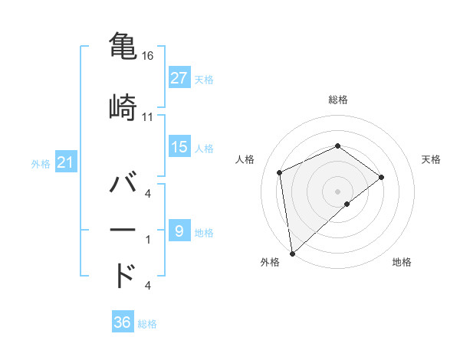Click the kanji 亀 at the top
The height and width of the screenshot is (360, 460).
pyautogui.click(x=123, y=45)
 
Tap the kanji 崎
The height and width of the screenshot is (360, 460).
pyautogui.click(x=123, y=106)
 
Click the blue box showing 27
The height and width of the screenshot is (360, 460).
pyautogui.click(x=179, y=78)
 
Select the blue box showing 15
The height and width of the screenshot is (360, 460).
pyautogui.click(x=179, y=147)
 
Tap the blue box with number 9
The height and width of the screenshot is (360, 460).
pyautogui.click(x=179, y=231)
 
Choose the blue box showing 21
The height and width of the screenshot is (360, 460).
pyautogui.click(x=65, y=162)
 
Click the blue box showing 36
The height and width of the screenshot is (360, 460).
pyautogui.click(x=123, y=322)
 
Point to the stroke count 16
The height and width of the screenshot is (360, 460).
pyautogui.click(x=148, y=56)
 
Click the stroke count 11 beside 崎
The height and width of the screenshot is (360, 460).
pyautogui.click(x=148, y=117)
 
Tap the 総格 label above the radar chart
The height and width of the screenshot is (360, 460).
pyautogui.click(x=337, y=100)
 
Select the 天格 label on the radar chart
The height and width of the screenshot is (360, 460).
pyautogui.click(x=431, y=159)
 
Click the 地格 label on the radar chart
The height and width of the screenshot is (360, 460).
pyautogui.click(x=402, y=263)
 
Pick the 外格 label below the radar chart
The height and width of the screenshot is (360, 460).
pyautogui.click(x=270, y=263)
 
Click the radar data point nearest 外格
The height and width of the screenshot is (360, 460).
pyautogui.click(x=291, y=253)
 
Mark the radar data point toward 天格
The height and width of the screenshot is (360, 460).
pyautogui.click(x=381, y=178)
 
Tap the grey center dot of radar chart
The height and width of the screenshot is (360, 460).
pyautogui.click(x=337, y=191)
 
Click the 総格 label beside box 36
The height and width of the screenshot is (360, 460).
pyautogui.click(x=148, y=323)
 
